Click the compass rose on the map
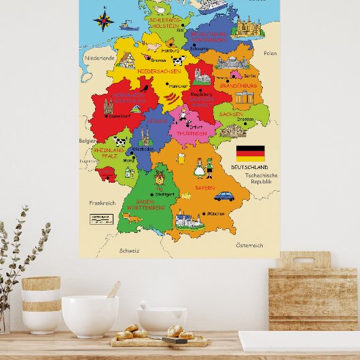pos(104,18)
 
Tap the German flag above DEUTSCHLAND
pos(250,153)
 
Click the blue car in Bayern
pos(224,196)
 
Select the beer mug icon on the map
pos(181,158)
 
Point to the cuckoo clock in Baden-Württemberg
pos(160,178)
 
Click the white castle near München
pos(188,220)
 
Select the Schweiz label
pos(129,250)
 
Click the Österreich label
pos(249,245)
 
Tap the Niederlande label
pos(100,58)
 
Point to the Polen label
pos(270,53)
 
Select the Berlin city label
pos(249,76)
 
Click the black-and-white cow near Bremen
pos(178,60)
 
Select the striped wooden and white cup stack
pos(41,304)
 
